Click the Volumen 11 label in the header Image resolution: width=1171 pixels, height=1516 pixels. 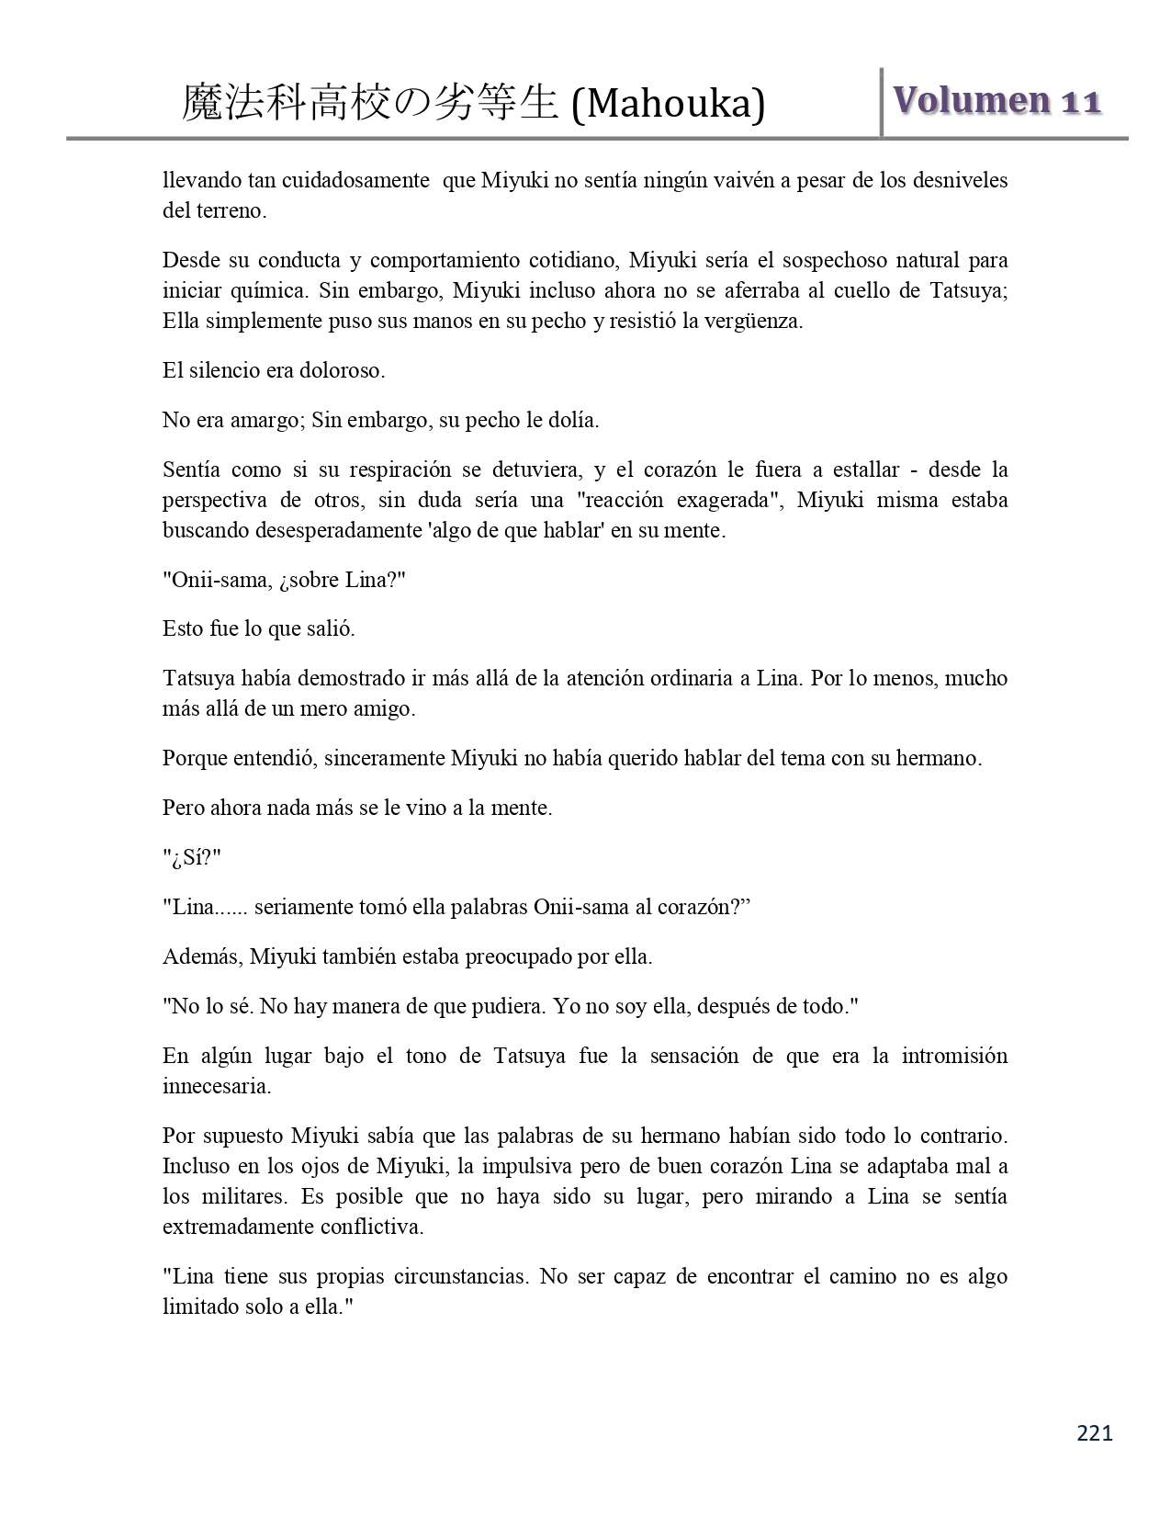pos(996,101)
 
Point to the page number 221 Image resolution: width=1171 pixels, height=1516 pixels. pos(1094,1432)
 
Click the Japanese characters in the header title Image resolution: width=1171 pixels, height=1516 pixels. pos(370,103)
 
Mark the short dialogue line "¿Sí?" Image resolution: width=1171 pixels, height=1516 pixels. pos(192,858)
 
